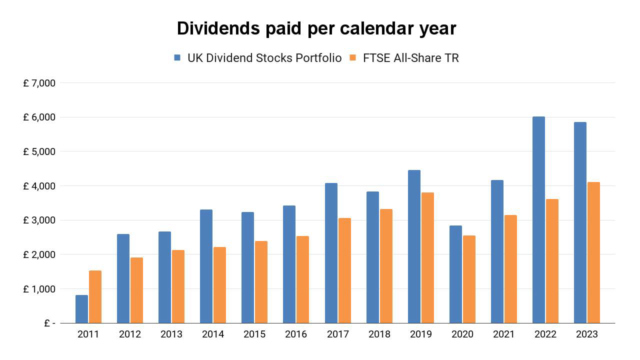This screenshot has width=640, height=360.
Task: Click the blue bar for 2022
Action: coord(538,220)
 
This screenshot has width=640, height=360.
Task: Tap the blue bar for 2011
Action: coord(81,309)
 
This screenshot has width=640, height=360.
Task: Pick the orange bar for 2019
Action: coord(427,258)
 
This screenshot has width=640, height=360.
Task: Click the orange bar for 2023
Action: coord(593,252)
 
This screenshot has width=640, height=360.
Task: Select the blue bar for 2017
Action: coord(331,253)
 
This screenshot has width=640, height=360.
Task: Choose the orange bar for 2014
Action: coord(219,285)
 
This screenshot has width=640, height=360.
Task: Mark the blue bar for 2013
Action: coord(164,277)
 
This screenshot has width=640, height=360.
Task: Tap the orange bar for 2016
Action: coord(302,279)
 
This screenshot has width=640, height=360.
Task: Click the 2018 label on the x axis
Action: coord(379,334)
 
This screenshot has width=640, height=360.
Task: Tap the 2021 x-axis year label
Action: coord(503,334)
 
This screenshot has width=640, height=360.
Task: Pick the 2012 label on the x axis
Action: coord(129,334)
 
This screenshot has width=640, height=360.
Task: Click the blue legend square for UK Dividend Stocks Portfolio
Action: coord(177,58)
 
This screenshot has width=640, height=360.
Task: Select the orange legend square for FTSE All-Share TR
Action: coord(352,58)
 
